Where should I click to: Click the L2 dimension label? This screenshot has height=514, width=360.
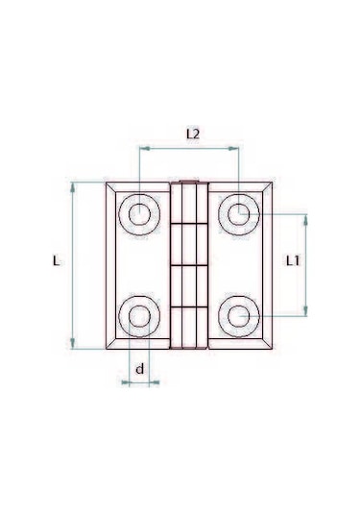coord(190,135)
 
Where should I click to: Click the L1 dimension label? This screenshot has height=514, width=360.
coord(296,259)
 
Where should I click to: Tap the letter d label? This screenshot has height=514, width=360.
coord(140,368)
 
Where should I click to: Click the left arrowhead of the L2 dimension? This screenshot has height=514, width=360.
coord(144,149)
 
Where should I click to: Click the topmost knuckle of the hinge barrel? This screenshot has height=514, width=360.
coord(189,203)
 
